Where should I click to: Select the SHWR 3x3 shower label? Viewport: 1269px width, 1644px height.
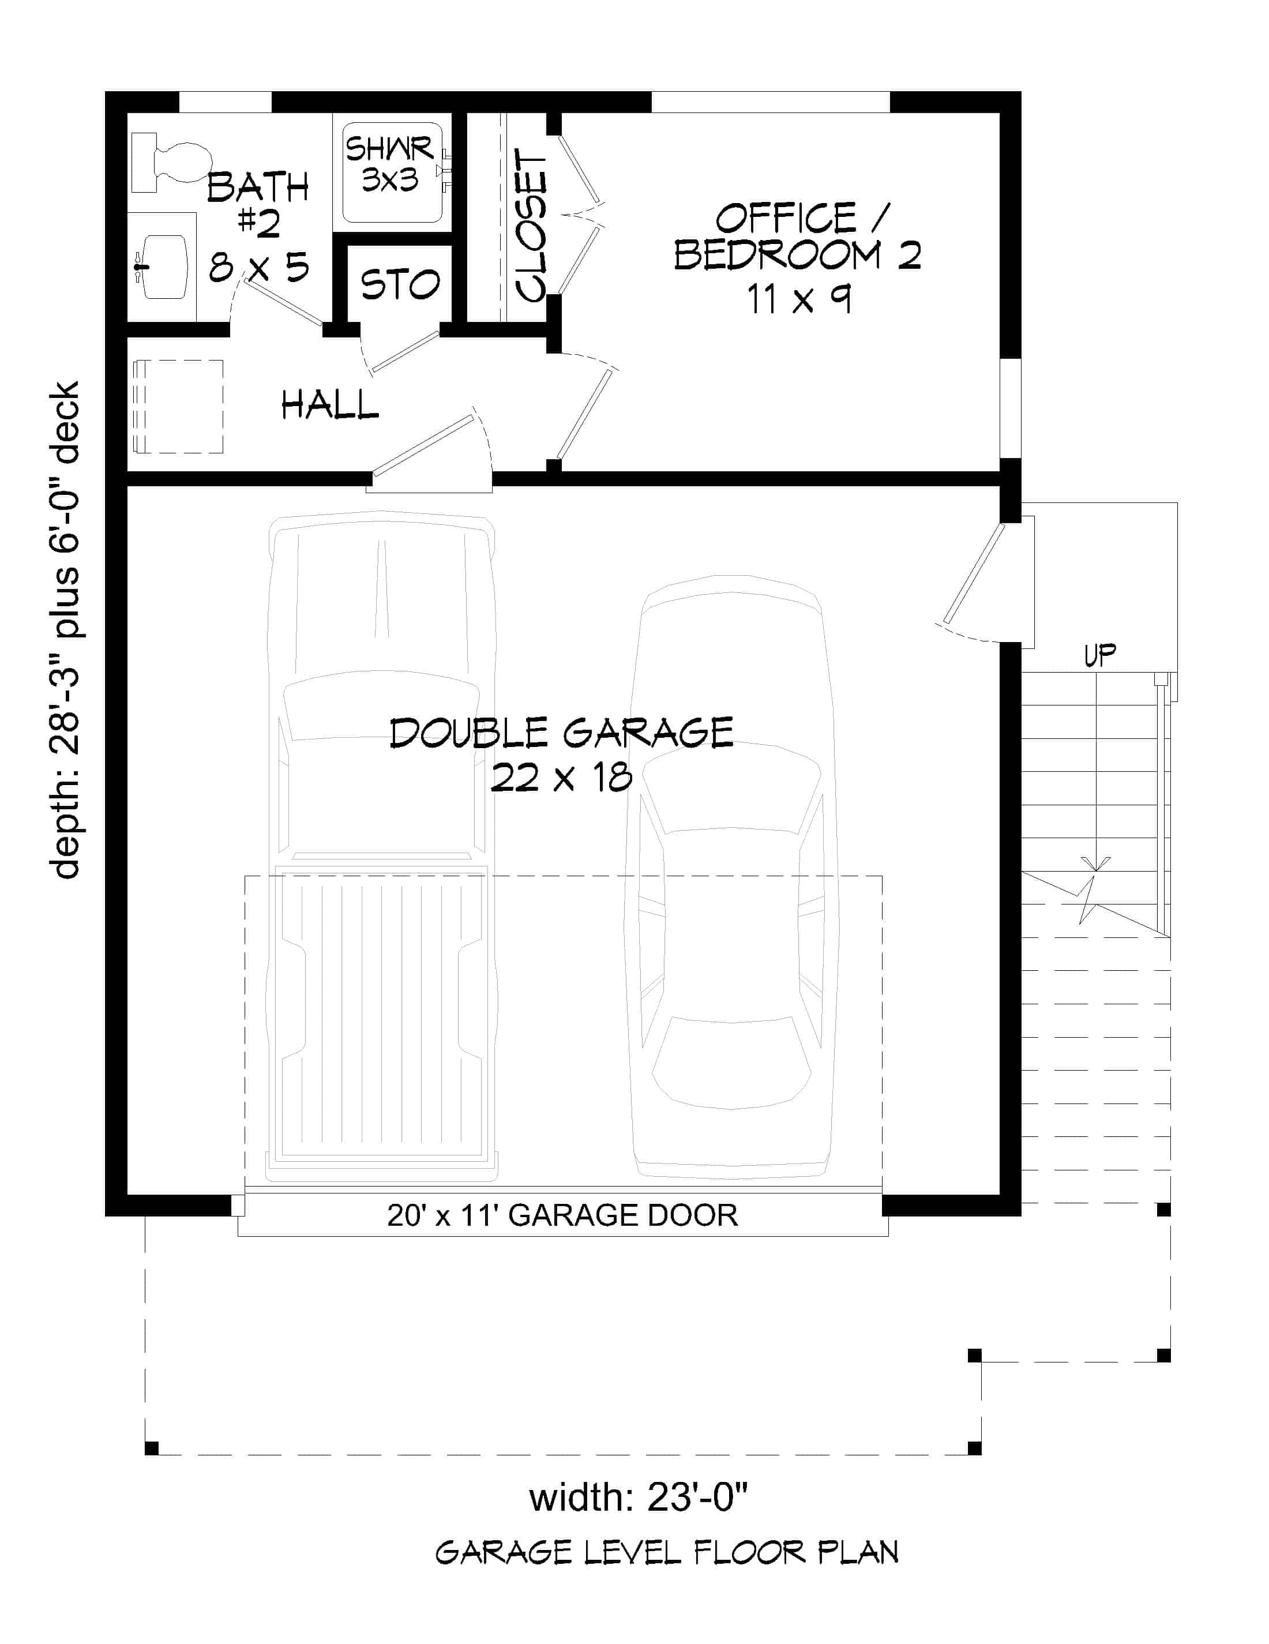pyautogui.click(x=390, y=164)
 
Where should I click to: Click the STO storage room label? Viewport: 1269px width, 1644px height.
pyautogui.click(x=400, y=284)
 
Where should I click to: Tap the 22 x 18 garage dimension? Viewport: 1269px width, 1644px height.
pyautogui.click(x=561, y=777)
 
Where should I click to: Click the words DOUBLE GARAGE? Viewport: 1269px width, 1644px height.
pyautogui.click(x=561, y=733)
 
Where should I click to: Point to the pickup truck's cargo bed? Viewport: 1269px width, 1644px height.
pyautogui.click(x=381, y=1016)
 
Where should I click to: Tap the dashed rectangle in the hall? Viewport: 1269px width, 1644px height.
pyautogui.click(x=178, y=407)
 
